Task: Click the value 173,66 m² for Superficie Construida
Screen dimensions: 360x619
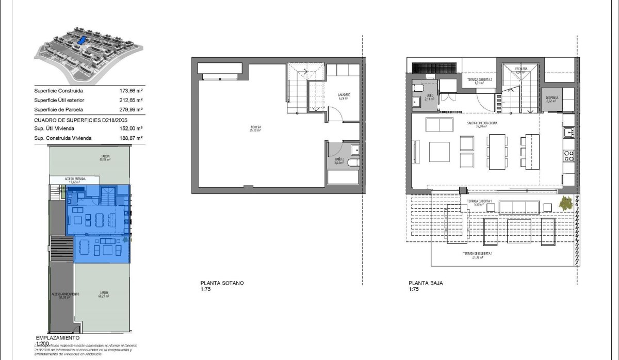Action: [131, 90]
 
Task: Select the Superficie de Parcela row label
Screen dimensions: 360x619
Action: [58, 109]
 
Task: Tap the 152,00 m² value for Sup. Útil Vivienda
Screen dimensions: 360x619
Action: [131, 128]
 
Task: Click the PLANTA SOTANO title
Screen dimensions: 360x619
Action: [222, 283]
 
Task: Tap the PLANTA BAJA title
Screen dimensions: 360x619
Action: [426, 283]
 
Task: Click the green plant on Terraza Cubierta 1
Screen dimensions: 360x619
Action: [566, 204]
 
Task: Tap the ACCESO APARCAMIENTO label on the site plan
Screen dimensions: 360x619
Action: [65, 294]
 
